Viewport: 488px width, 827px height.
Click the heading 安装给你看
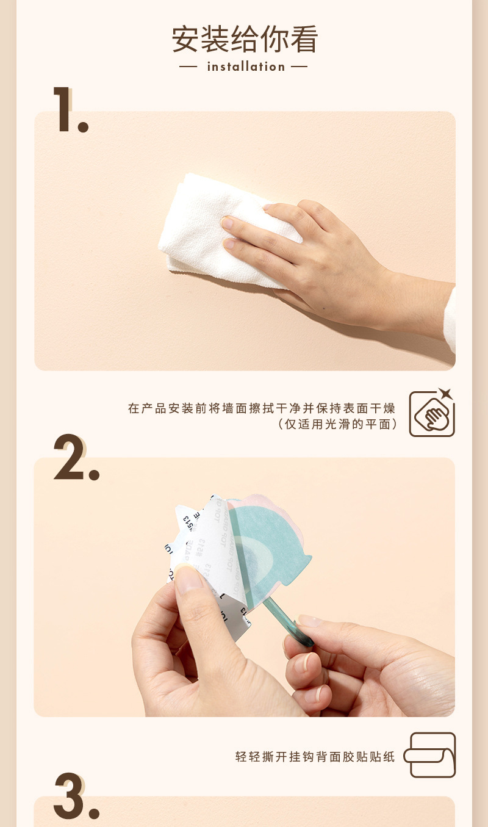pos(245,40)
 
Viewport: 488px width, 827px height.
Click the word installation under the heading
pos(246,67)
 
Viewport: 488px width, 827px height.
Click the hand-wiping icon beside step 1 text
pos(432,414)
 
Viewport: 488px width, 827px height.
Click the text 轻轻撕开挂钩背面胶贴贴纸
pos(315,757)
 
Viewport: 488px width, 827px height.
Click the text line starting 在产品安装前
pos(262,408)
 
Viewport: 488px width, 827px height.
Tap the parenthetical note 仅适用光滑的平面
pos(337,424)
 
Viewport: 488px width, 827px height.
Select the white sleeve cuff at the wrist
pos(450,320)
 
